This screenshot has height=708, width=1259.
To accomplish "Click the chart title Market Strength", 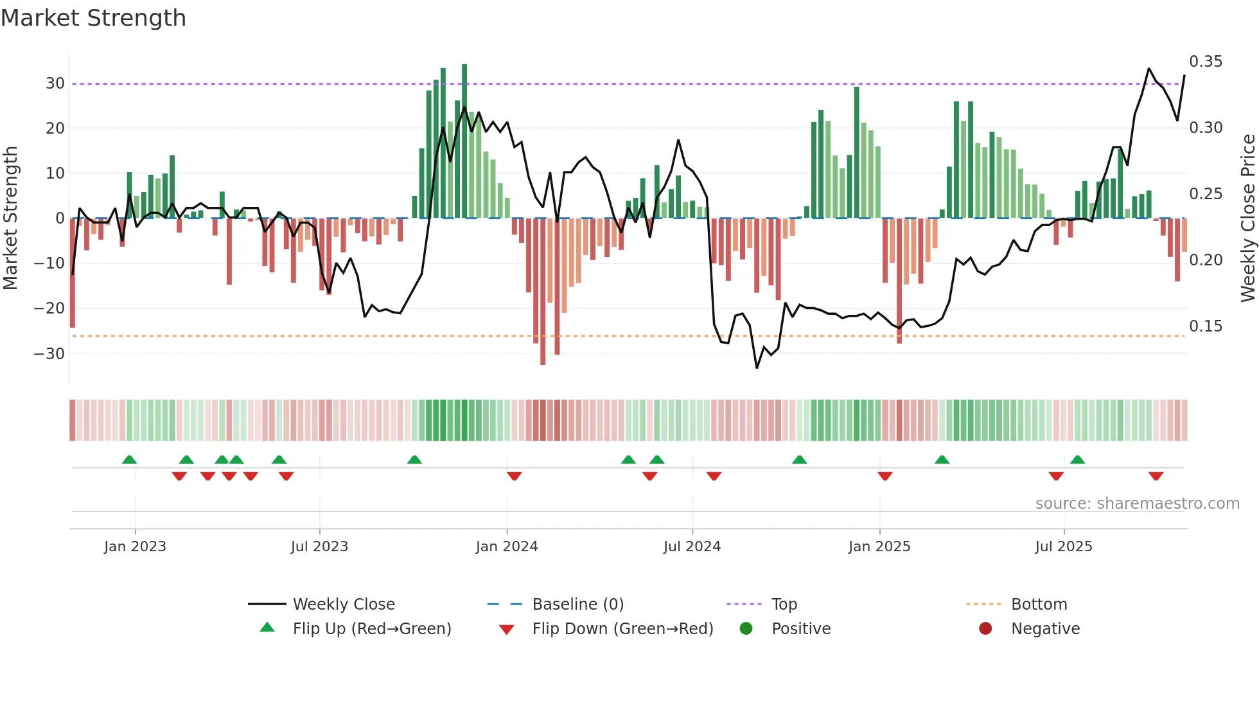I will coord(93,18).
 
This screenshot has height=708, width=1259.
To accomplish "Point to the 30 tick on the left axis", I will coord(55,84).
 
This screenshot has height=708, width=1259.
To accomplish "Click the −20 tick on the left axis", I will coord(49,308).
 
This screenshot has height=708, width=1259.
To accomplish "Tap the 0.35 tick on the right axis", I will coord(1206,62).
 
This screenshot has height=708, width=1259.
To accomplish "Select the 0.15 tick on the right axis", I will coord(1206,326).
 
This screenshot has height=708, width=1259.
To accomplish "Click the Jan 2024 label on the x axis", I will coord(507,547).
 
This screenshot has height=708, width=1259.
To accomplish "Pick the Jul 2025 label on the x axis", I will coord(1064,547).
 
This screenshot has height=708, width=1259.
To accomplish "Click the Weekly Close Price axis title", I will coord(1247,218).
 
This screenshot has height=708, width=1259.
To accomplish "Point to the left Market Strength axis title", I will coord(10,218).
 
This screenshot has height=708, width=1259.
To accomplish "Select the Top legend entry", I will coord(784,605).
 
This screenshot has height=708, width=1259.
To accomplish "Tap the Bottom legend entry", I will coord(1039,605).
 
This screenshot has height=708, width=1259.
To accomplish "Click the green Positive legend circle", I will coord(746,628).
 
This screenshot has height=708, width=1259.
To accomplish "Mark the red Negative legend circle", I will coord(985,628).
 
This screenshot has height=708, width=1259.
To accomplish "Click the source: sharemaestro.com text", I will coord(1137,504).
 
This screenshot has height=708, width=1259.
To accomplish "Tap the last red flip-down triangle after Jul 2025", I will coord(1156,476).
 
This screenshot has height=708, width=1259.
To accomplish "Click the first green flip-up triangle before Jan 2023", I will coord(129,459).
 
